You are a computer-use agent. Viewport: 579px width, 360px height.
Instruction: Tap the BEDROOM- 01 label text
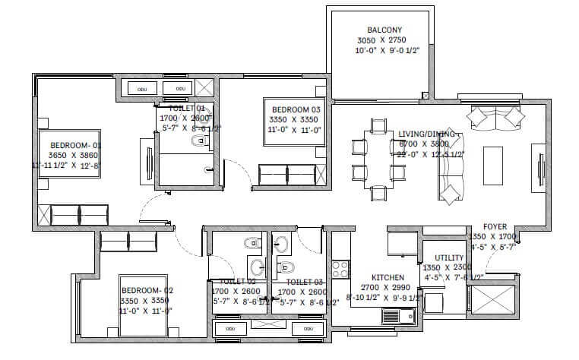point(75,144)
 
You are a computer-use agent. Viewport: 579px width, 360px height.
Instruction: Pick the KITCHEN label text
point(387,277)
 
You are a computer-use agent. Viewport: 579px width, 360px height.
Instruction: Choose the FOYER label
point(495,226)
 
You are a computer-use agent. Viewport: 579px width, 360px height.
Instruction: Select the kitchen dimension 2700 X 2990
point(387,288)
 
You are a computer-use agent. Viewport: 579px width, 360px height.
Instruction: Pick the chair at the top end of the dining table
point(377,125)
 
